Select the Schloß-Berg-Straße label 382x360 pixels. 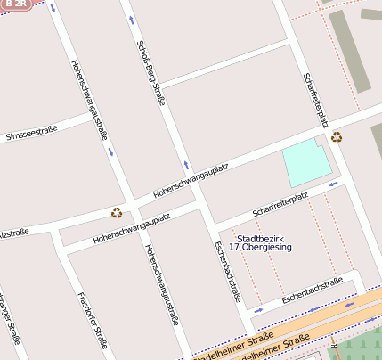coord(150,72)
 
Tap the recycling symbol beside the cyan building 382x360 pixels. coord(337,136)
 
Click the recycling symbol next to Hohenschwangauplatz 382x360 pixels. coord(117,212)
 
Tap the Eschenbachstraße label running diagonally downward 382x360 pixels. coord(226,272)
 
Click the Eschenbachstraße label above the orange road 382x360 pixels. coord(313,291)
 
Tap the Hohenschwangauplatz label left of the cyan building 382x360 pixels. coord(191,179)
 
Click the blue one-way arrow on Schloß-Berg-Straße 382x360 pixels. coord(186,166)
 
